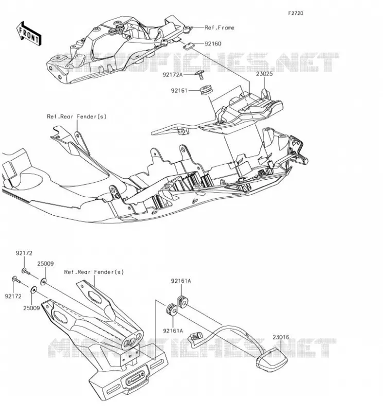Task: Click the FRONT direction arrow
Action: click(x=29, y=34)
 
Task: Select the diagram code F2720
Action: click(x=295, y=13)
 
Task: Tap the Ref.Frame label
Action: click(x=219, y=28)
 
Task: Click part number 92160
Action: click(x=213, y=44)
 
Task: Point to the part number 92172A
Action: click(x=172, y=75)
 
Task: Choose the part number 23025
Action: click(x=265, y=74)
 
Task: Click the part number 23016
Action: click(x=281, y=337)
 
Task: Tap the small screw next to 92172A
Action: click(x=199, y=75)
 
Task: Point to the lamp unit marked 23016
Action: click(x=272, y=359)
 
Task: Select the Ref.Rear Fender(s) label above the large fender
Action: click(x=77, y=116)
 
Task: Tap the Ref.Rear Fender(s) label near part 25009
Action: click(x=94, y=272)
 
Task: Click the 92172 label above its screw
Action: click(x=24, y=253)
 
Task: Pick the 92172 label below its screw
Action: click(x=13, y=296)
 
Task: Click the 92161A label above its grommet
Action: click(x=181, y=281)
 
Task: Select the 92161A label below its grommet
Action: click(x=173, y=331)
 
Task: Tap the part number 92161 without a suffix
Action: click(x=179, y=91)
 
